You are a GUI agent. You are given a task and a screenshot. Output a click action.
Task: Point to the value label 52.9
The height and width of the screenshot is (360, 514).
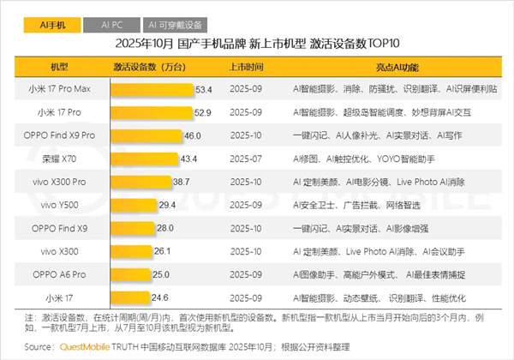point(203,112)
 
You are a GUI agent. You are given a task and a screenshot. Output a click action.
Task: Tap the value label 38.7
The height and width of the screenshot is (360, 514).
point(181,182)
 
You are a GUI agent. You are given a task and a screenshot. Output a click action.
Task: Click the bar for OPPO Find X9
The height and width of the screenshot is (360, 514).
point(131,228)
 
